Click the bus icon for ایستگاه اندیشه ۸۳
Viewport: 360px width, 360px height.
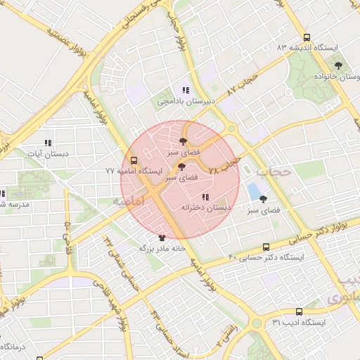click(306, 37)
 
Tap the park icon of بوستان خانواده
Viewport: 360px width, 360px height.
click(339, 65)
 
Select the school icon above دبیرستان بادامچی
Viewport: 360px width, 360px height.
click(186, 90)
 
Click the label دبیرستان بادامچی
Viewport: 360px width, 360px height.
click(184, 102)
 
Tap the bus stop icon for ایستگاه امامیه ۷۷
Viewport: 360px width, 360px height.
click(134, 160)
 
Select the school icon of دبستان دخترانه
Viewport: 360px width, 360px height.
click(205, 197)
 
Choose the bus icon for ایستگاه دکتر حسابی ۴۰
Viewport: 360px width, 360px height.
click(266, 247)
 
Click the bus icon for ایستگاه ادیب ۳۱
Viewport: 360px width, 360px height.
click(299, 311)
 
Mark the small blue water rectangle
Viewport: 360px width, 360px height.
click(252, 191)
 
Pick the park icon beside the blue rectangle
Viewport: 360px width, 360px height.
click(263, 199)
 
